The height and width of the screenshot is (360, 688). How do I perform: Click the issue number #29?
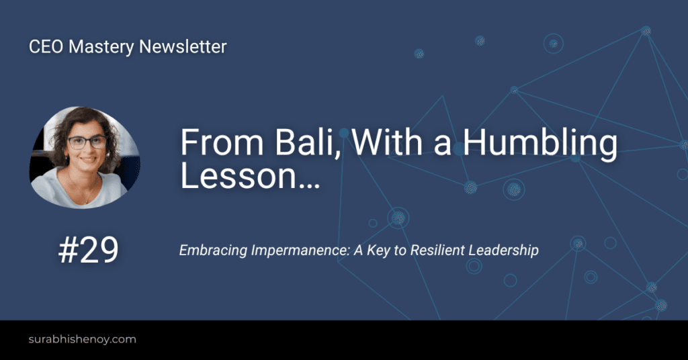pos(88,251)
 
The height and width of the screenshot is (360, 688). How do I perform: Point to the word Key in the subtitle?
pos(380,251)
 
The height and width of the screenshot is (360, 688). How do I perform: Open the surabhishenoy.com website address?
pos(82,339)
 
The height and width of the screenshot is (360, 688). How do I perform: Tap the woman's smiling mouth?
pos(88,161)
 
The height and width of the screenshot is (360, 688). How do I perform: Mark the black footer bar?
pos(403,340)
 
